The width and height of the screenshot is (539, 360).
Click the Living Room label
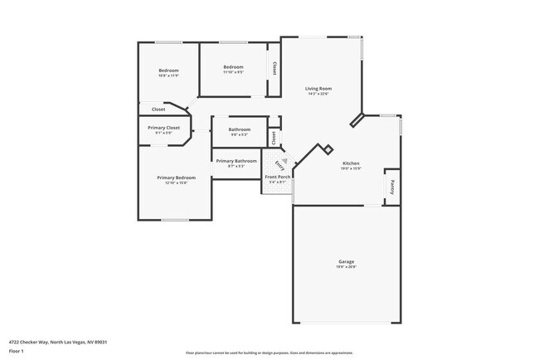(318, 88)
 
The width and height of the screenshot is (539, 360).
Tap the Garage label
(346, 261)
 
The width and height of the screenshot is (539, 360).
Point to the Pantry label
(391, 186)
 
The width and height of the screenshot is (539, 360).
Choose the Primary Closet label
(163, 128)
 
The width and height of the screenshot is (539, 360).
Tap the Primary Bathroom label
(236, 161)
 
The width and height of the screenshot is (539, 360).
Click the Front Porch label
(277, 178)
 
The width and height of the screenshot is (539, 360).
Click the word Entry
(279, 165)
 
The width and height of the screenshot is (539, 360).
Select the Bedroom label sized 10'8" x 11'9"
(168, 71)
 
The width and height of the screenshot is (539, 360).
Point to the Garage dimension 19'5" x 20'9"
(346, 266)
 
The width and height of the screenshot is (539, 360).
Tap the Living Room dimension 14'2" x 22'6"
(318, 94)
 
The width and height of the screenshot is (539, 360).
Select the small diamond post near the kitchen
(328, 149)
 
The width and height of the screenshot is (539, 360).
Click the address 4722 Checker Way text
(58, 342)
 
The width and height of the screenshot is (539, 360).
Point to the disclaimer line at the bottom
(269, 353)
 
